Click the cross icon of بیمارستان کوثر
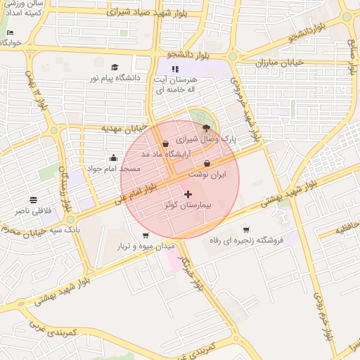(x=188, y=194)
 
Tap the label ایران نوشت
(x=207, y=173)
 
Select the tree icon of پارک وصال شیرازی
(x=205, y=128)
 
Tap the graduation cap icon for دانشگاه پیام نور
(x=114, y=67)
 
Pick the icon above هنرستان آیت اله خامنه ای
(x=175, y=69)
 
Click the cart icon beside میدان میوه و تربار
(x=146, y=236)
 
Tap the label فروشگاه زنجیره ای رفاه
(x=246, y=240)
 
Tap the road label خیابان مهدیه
(x=124, y=129)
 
